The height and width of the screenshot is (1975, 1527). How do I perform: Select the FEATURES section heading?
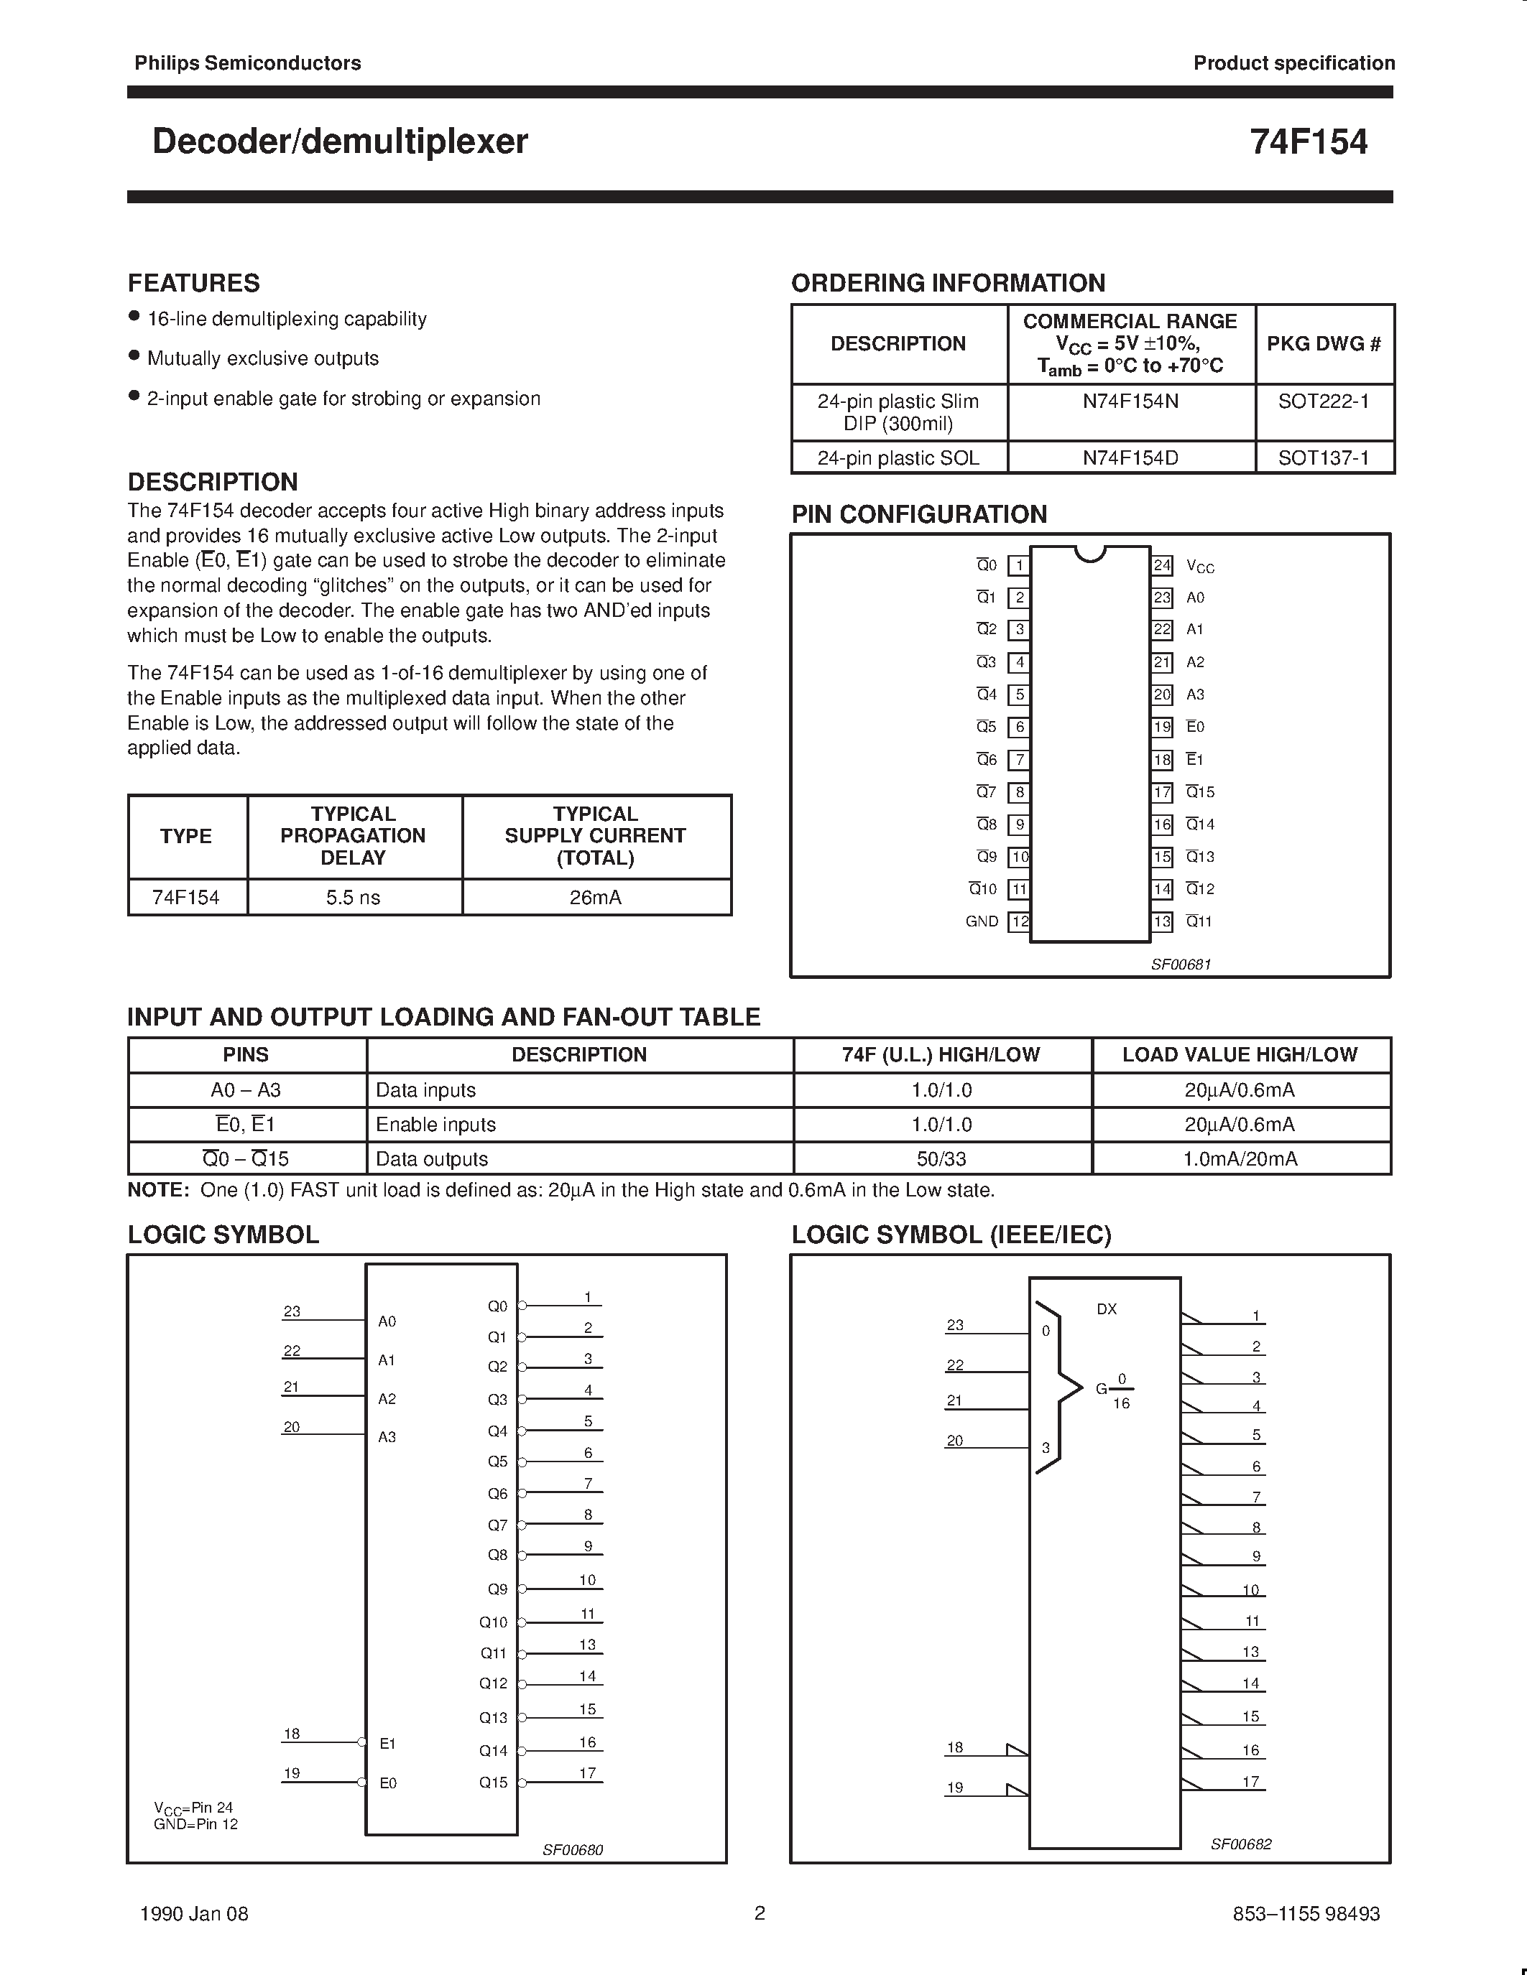(193, 283)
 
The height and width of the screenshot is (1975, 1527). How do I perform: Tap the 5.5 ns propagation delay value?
(353, 897)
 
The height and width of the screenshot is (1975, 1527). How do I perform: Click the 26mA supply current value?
(595, 897)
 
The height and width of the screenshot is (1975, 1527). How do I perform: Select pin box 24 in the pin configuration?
(1161, 565)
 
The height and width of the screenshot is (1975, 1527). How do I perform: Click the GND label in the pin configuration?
(982, 921)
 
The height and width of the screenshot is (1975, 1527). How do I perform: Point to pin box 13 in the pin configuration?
(1161, 921)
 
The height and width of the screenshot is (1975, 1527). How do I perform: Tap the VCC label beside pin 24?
(1199, 567)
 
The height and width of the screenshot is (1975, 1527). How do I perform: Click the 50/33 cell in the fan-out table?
(942, 1158)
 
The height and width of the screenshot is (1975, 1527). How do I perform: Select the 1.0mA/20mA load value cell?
(1240, 1158)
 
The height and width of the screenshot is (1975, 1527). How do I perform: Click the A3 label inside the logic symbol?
(387, 1437)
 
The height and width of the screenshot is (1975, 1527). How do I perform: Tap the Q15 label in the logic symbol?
(493, 1783)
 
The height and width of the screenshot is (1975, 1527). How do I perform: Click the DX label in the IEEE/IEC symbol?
(1105, 1309)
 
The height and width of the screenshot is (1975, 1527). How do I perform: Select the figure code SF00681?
(1181, 964)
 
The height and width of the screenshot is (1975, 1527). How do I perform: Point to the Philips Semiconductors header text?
(247, 63)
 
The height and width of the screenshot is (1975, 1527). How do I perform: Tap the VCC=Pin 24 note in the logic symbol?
(193, 1808)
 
